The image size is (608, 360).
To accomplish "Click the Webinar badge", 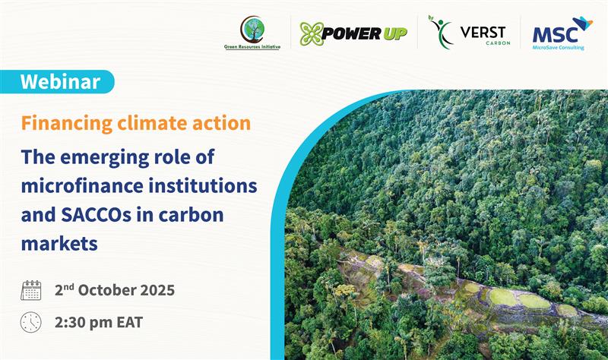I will pyautogui.click(x=60, y=81).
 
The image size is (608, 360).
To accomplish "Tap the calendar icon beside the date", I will pyautogui.click(x=31, y=289).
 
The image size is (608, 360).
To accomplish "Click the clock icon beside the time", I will pyautogui.click(x=31, y=321).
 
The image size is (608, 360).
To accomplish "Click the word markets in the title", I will pyautogui.click(x=59, y=245).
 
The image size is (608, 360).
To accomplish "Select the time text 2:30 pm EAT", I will pyautogui.click(x=98, y=321).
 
